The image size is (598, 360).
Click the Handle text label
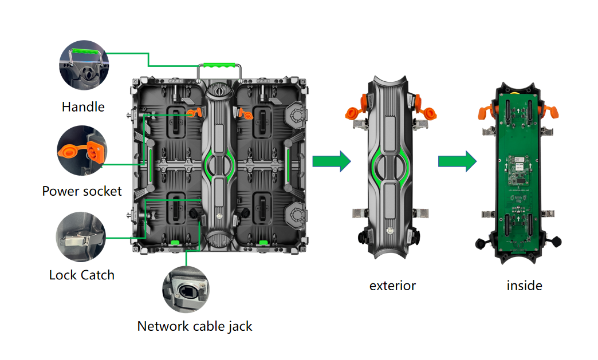click(83, 106)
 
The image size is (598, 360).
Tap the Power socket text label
click(82, 191)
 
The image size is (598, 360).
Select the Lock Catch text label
click(81, 275)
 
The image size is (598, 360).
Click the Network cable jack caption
click(195, 326)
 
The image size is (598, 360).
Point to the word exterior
click(392, 286)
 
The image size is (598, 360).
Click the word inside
click(524, 286)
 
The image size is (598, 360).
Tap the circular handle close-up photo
click(84, 65)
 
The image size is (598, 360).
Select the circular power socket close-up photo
click(82, 151)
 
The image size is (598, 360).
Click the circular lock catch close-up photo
click(81, 236)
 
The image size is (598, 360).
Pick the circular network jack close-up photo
click(186, 290)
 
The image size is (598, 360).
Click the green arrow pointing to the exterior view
click(332, 161)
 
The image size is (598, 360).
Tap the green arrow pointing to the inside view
click(457, 161)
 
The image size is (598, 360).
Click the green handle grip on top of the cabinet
click(219, 65)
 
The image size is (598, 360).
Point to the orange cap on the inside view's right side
click(551, 112)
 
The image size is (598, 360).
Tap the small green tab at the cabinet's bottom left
click(175, 243)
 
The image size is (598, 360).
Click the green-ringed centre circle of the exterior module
click(390, 166)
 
